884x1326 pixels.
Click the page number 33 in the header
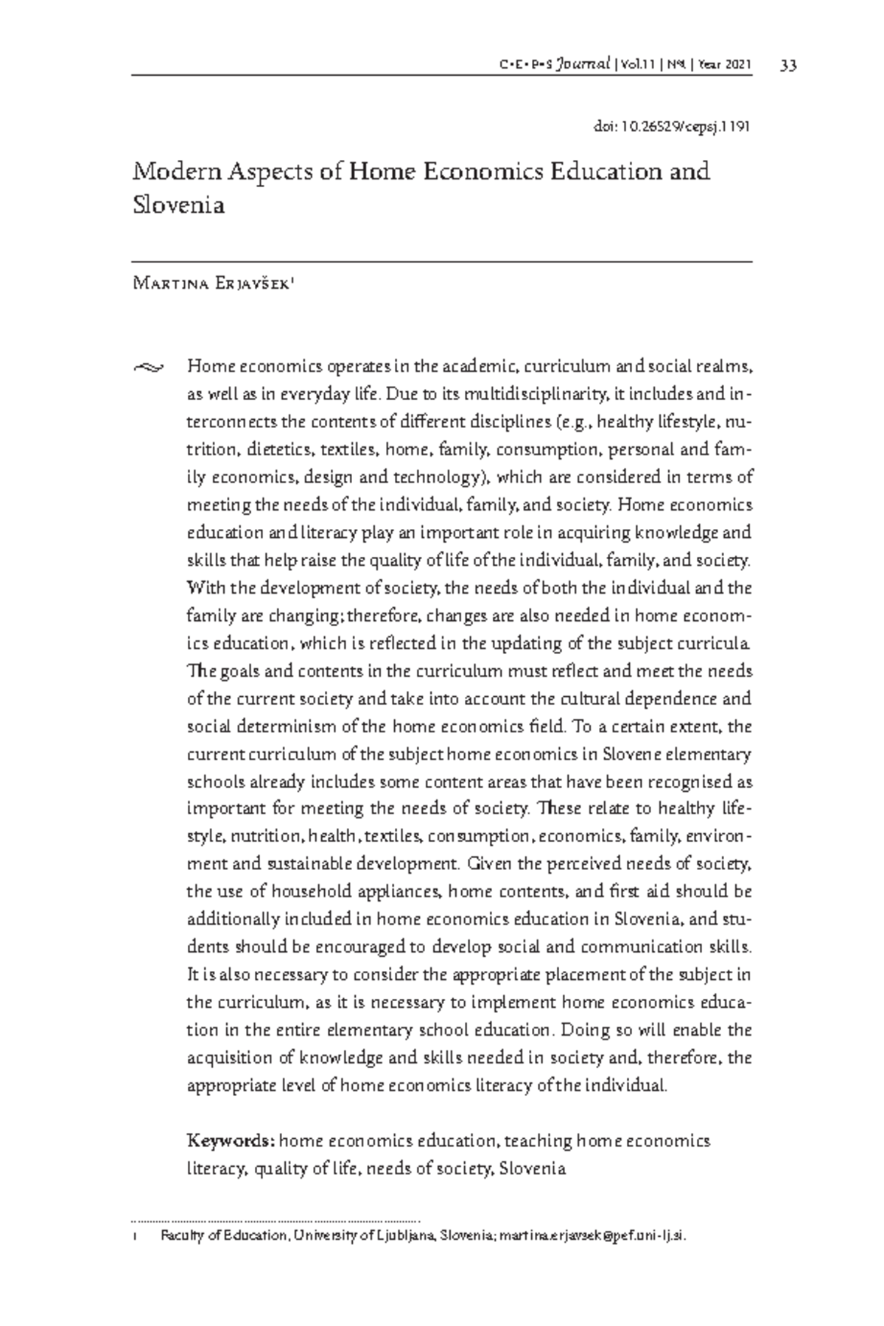[787, 66]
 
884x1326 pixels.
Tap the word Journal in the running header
[584, 66]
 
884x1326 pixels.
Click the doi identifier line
[671, 126]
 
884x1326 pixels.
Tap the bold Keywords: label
[231, 1141]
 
